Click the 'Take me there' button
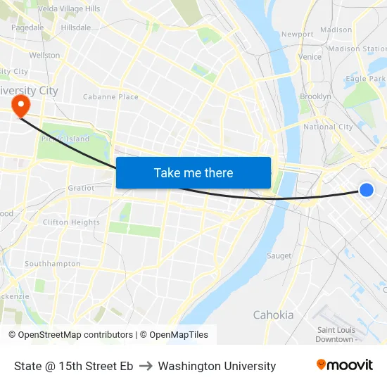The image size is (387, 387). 193,173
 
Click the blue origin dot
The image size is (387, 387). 366,189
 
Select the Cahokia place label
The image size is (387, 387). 273,315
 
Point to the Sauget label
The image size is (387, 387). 279,256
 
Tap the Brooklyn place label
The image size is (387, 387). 315,96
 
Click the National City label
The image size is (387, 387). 328,127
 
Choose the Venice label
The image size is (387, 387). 310,57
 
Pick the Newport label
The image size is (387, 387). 297,34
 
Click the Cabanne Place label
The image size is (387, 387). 110,97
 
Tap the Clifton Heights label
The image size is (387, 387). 71,222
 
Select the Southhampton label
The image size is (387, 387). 53,264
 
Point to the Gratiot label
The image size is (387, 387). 81,188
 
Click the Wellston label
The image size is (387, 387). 44,55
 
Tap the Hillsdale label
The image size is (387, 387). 76,27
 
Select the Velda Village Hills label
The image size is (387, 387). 69,8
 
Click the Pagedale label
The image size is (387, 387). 27,27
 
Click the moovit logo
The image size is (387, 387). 344,365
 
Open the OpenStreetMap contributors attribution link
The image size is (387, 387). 75,335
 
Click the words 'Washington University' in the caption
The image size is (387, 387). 217,366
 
